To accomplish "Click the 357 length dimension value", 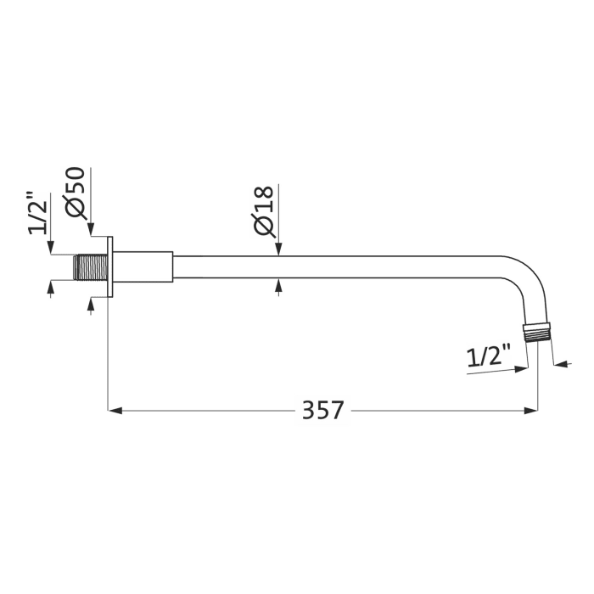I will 323,410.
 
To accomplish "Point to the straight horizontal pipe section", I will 339,266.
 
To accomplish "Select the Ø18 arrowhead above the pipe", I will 279,249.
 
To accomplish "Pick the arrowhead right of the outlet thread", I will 559,366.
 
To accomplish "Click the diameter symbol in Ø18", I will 263,226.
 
